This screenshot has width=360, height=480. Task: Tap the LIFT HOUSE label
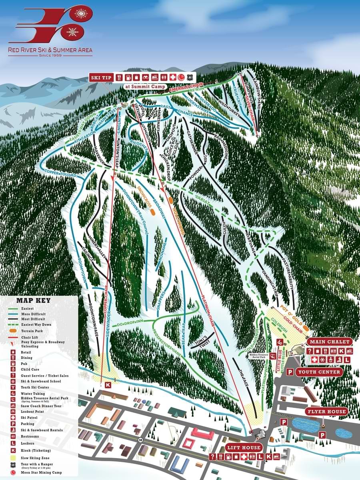click(243, 447)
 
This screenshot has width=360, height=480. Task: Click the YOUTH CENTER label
click(319, 372)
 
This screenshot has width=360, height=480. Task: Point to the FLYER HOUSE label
click(326, 412)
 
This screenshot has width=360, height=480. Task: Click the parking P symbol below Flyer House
click(322, 435)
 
